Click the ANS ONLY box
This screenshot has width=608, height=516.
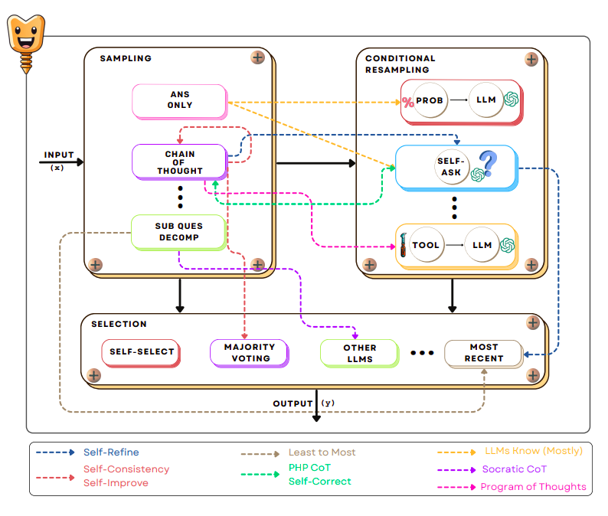[179, 100]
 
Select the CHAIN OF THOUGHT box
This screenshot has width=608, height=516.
[179, 161]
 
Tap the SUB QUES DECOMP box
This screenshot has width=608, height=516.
[178, 231]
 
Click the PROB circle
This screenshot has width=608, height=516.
[430, 100]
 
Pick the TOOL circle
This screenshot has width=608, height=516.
[426, 245]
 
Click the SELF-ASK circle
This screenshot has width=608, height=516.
[451, 167]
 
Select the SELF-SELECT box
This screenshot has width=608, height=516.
[142, 352]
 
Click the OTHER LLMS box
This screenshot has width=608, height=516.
[359, 353]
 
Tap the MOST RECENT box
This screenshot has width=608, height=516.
[483, 353]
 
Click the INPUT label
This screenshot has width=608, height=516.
[58, 155]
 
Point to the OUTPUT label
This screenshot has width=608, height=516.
[293, 403]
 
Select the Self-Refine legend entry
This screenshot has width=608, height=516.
[111, 452]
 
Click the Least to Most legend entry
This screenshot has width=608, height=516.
[322, 452]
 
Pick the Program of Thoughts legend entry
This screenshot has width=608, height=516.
[533, 487]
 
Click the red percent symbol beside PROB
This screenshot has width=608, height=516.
[408, 103]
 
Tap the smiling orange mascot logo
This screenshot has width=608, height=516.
[26, 39]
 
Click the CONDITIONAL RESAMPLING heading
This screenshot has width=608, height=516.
[401, 64]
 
